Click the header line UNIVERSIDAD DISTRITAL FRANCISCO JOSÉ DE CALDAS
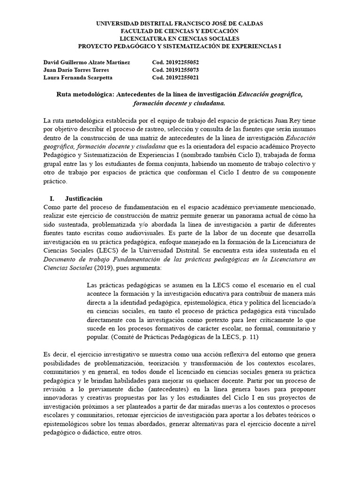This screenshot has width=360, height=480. pyautogui.click(x=180, y=23)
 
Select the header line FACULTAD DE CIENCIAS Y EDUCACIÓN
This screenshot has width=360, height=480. pyautogui.click(x=180, y=30)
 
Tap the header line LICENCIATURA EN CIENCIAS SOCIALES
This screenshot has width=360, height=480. pyautogui.click(x=180, y=38)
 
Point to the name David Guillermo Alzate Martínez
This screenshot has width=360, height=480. pyautogui.click(x=87, y=62)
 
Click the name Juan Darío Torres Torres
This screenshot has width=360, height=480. pyautogui.click(x=76, y=70)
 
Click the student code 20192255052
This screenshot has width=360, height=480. pyautogui.click(x=183, y=62)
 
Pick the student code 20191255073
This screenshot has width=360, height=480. pyautogui.click(x=183, y=70)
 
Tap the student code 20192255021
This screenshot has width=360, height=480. pyautogui.click(x=183, y=77)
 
